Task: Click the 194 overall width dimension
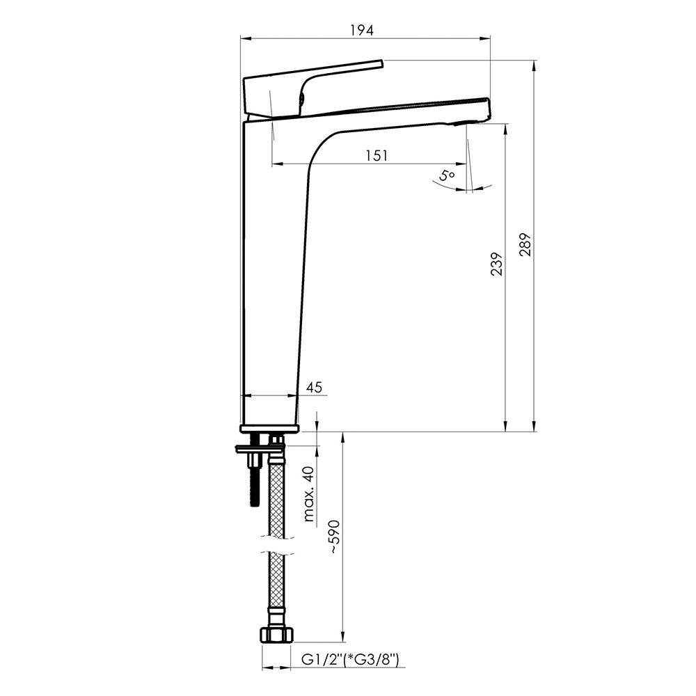click(362, 30)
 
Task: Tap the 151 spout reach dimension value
click(377, 155)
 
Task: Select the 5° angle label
click(447, 175)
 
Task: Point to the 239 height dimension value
click(497, 264)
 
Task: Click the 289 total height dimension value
click(525, 244)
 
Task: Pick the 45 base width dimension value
click(314, 387)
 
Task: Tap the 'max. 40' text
click(309, 494)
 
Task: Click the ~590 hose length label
click(334, 537)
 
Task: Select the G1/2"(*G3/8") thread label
click(350, 660)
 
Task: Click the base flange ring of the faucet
click(269, 428)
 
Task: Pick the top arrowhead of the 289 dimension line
click(534, 65)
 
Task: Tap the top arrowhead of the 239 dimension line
click(505, 129)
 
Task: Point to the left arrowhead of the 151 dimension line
click(278, 164)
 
